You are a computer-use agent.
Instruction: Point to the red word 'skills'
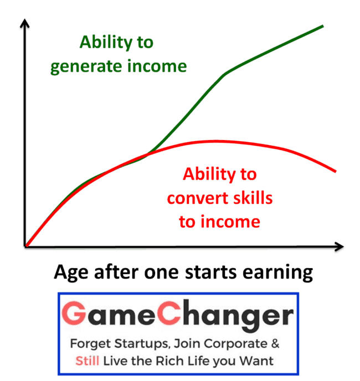(253, 198)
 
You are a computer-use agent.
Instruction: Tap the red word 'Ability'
(209, 174)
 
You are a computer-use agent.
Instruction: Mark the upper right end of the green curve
(323, 26)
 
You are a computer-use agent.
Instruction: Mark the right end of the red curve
(336, 172)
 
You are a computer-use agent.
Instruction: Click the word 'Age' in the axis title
(71, 273)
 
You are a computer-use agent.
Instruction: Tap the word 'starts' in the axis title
(211, 272)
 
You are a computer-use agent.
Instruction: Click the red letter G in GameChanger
(74, 313)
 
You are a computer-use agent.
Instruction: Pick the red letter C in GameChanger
(169, 313)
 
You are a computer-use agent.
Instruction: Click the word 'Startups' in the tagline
(142, 344)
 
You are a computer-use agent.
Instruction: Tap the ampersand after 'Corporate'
(275, 343)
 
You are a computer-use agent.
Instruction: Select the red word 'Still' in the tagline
(87, 361)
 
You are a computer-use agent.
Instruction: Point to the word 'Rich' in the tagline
(169, 361)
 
